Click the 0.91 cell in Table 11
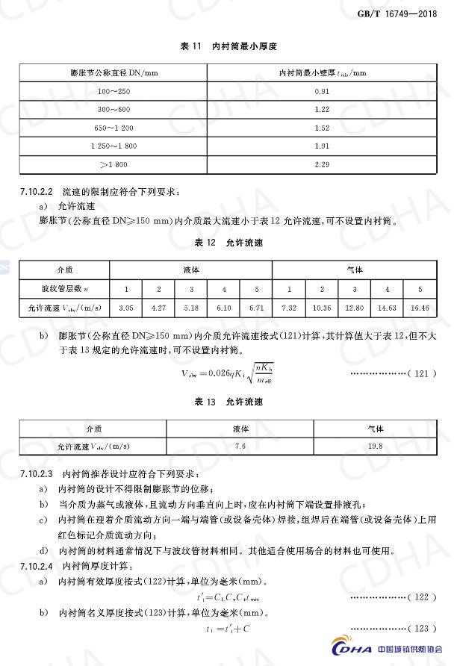coord(322,91)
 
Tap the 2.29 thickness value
coord(322,164)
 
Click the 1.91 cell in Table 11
coord(322,146)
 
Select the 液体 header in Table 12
coord(191,269)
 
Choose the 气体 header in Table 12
coord(355,269)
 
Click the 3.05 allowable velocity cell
coord(126,307)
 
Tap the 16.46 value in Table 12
coord(420,307)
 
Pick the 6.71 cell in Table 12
coord(257,307)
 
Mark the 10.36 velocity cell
coord(322,307)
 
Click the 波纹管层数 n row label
coord(65,288)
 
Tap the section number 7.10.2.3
coord(35,473)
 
